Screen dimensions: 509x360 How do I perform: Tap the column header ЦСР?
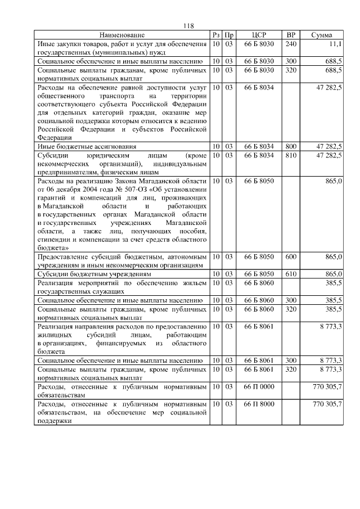click(259, 35)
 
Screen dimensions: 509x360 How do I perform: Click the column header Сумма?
click(321, 35)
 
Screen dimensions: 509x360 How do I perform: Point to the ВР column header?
click(291, 35)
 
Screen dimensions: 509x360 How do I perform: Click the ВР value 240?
click(291, 43)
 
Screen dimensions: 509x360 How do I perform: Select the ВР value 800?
click(291, 146)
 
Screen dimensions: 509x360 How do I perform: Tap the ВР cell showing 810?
click(291, 155)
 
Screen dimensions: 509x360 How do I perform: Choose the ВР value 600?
click(291, 256)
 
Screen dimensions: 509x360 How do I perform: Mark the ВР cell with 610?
click(291, 274)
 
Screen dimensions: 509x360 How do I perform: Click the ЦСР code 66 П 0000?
click(259, 387)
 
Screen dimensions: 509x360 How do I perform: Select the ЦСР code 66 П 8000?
click(259, 404)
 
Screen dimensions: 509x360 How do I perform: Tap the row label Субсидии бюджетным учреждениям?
click(86, 274)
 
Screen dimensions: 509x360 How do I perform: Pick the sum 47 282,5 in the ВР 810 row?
click(328, 155)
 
